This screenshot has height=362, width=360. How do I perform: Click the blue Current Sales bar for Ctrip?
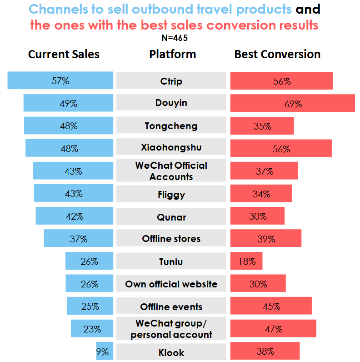coord(60,80)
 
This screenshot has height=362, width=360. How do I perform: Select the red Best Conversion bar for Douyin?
coord(292,103)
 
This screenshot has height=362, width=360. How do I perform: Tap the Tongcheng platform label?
coord(171,126)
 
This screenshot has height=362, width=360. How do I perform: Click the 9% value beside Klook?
coord(103,352)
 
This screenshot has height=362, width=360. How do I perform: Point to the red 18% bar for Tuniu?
coord(246,261)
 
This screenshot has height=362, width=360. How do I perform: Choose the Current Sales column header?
coord(64,55)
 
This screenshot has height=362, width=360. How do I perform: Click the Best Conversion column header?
coord(277,55)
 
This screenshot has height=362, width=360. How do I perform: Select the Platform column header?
coord(173,55)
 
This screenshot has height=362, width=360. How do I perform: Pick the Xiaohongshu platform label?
coord(171,148)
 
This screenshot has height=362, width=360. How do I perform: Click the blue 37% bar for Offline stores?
coord(78,238)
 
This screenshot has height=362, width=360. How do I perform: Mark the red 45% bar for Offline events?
coord(271,306)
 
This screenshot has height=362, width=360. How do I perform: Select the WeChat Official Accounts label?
coord(171,171)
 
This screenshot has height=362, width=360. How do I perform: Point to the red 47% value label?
coord(274,329)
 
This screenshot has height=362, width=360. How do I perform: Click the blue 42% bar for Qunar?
coord(74,216)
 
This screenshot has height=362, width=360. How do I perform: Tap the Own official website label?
coord(171,284)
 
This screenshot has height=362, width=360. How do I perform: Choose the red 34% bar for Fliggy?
coord(261,194)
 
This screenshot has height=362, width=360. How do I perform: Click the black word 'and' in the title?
coord(308,9)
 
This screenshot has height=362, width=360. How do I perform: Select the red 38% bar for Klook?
coord(265,351)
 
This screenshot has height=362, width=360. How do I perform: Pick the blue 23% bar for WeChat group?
coord(92,329)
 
